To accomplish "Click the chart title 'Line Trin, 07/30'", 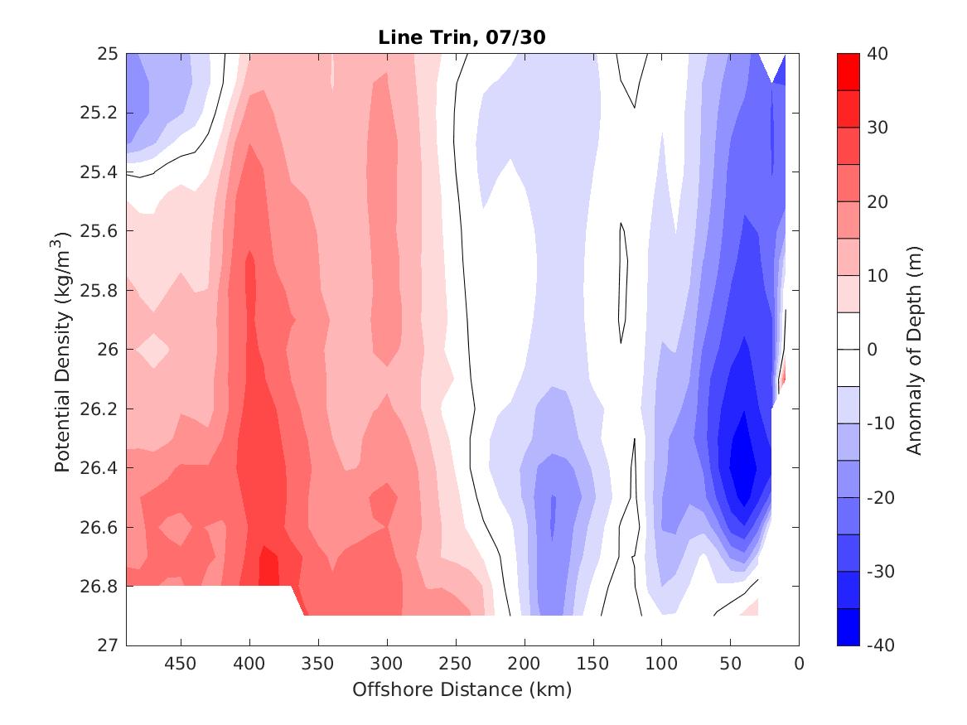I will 462,37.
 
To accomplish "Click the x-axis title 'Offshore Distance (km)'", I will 462,689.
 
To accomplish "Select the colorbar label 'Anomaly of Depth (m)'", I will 914,349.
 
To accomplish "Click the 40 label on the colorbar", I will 878,54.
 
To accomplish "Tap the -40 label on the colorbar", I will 880,645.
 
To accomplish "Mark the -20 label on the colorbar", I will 880,497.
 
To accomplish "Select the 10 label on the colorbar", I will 878,275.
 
